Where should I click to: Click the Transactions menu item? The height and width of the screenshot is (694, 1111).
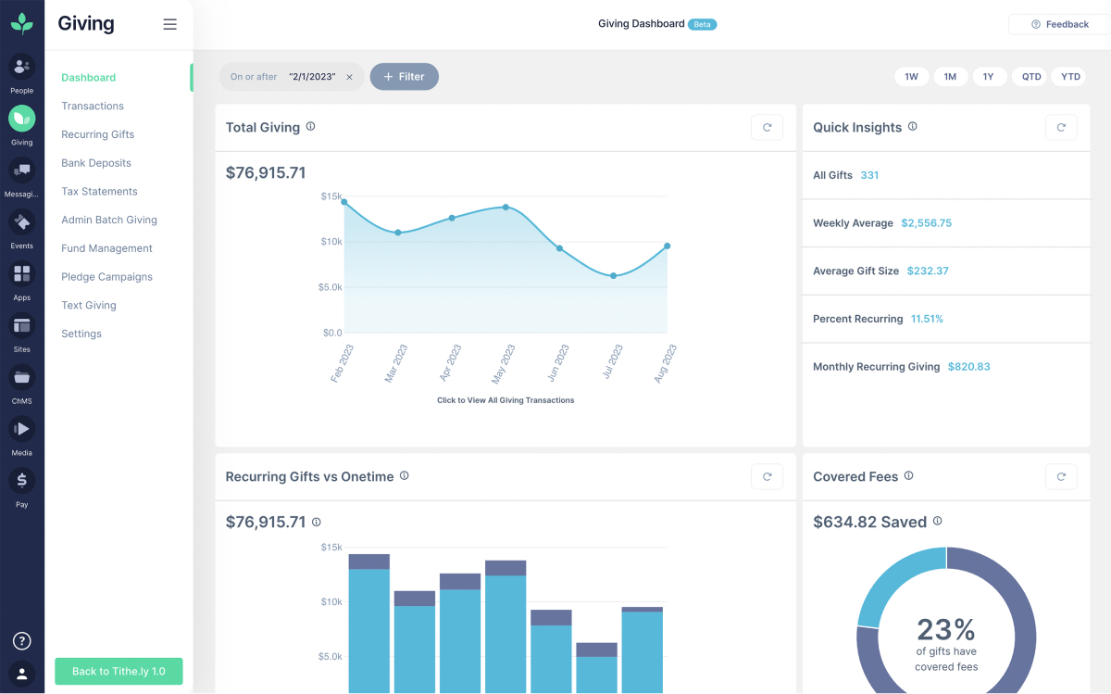click(93, 106)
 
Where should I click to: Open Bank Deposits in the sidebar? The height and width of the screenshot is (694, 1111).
click(96, 163)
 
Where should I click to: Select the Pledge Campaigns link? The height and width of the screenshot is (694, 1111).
click(106, 277)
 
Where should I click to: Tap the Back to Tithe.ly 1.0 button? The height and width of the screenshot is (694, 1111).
click(119, 671)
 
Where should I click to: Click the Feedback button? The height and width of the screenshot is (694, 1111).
click(1059, 24)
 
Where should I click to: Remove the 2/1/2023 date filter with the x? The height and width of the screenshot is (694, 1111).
click(349, 77)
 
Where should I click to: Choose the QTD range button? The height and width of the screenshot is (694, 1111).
click(1031, 77)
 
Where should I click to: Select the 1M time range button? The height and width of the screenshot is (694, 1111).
click(950, 77)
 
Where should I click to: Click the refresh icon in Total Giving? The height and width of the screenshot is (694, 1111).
click(767, 128)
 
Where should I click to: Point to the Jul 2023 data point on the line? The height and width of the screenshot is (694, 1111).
click(613, 276)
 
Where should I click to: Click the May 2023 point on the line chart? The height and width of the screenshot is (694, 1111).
click(506, 207)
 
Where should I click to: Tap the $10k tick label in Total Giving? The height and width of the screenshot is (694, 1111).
click(331, 242)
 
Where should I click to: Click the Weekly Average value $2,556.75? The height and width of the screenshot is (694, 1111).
click(926, 223)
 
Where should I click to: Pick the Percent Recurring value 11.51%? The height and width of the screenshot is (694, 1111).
click(927, 319)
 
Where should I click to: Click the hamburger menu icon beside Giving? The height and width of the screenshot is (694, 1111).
click(169, 25)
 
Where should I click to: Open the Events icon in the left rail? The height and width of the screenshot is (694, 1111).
click(22, 223)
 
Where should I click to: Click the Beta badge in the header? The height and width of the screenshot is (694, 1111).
click(703, 24)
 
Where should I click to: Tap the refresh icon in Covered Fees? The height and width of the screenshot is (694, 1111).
click(1061, 477)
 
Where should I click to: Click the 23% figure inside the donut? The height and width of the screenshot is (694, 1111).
click(946, 630)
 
